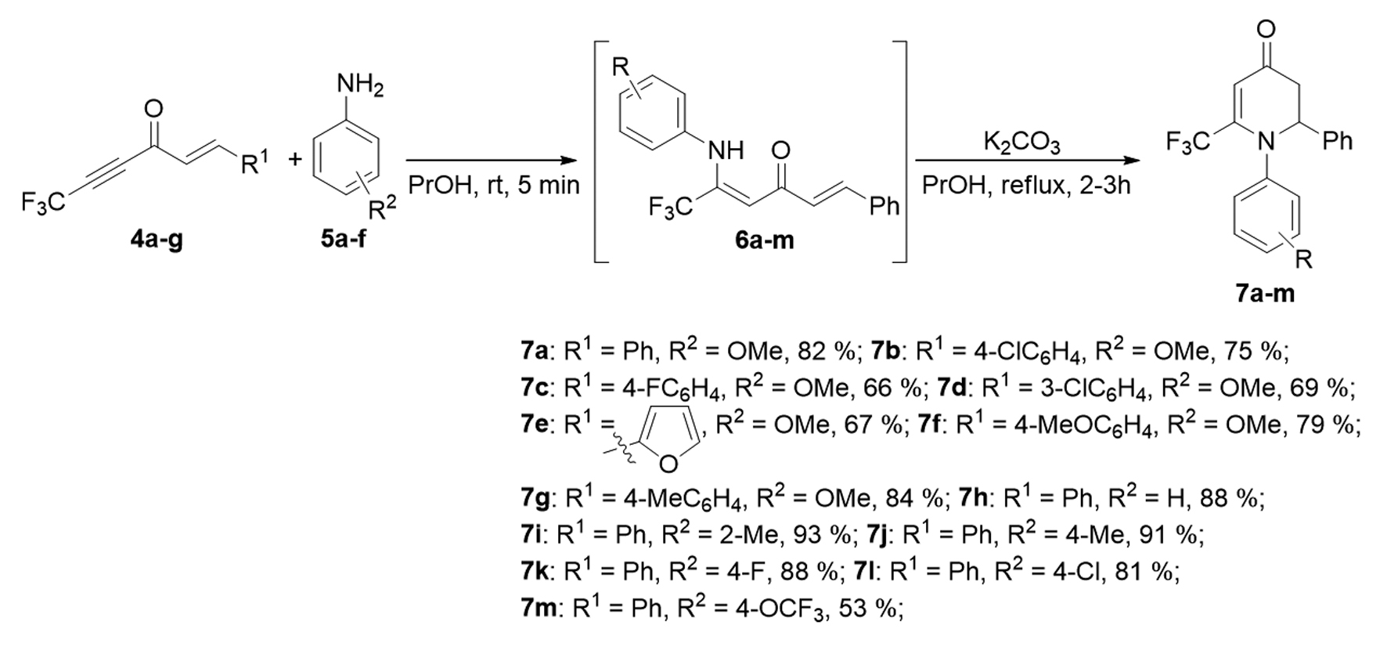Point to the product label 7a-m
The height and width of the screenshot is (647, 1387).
1265,294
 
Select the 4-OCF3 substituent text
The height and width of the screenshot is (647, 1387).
763,609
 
